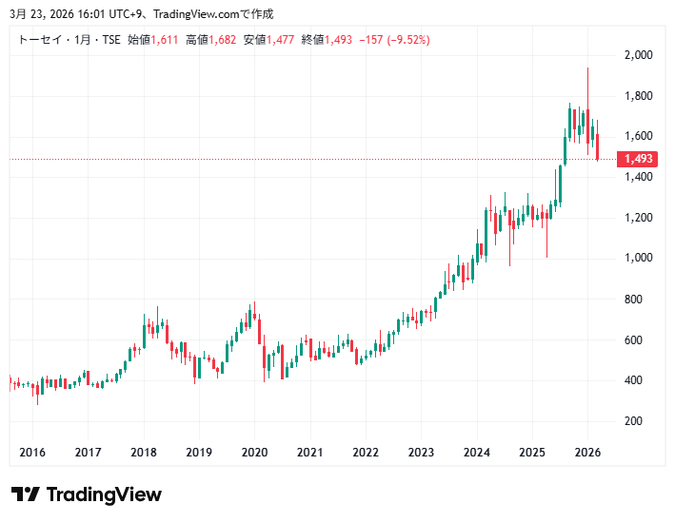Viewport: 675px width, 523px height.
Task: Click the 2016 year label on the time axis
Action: coord(32,453)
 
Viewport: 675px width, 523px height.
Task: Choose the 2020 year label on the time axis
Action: coord(254,453)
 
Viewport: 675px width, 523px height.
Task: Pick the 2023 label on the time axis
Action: coord(421,453)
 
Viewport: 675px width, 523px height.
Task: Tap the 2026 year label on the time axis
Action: coord(587,453)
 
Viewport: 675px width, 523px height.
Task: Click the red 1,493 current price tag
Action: coord(638,159)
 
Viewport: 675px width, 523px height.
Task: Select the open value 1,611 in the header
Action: coord(167,39)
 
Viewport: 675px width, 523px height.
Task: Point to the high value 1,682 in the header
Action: coord(225,39)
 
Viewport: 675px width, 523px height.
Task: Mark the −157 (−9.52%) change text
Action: coord(391,39)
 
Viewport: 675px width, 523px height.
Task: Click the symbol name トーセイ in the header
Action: coord(39,39)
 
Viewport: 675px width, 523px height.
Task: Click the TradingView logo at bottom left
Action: coord(87,494)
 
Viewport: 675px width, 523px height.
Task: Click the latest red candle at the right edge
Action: coord(598,146)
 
